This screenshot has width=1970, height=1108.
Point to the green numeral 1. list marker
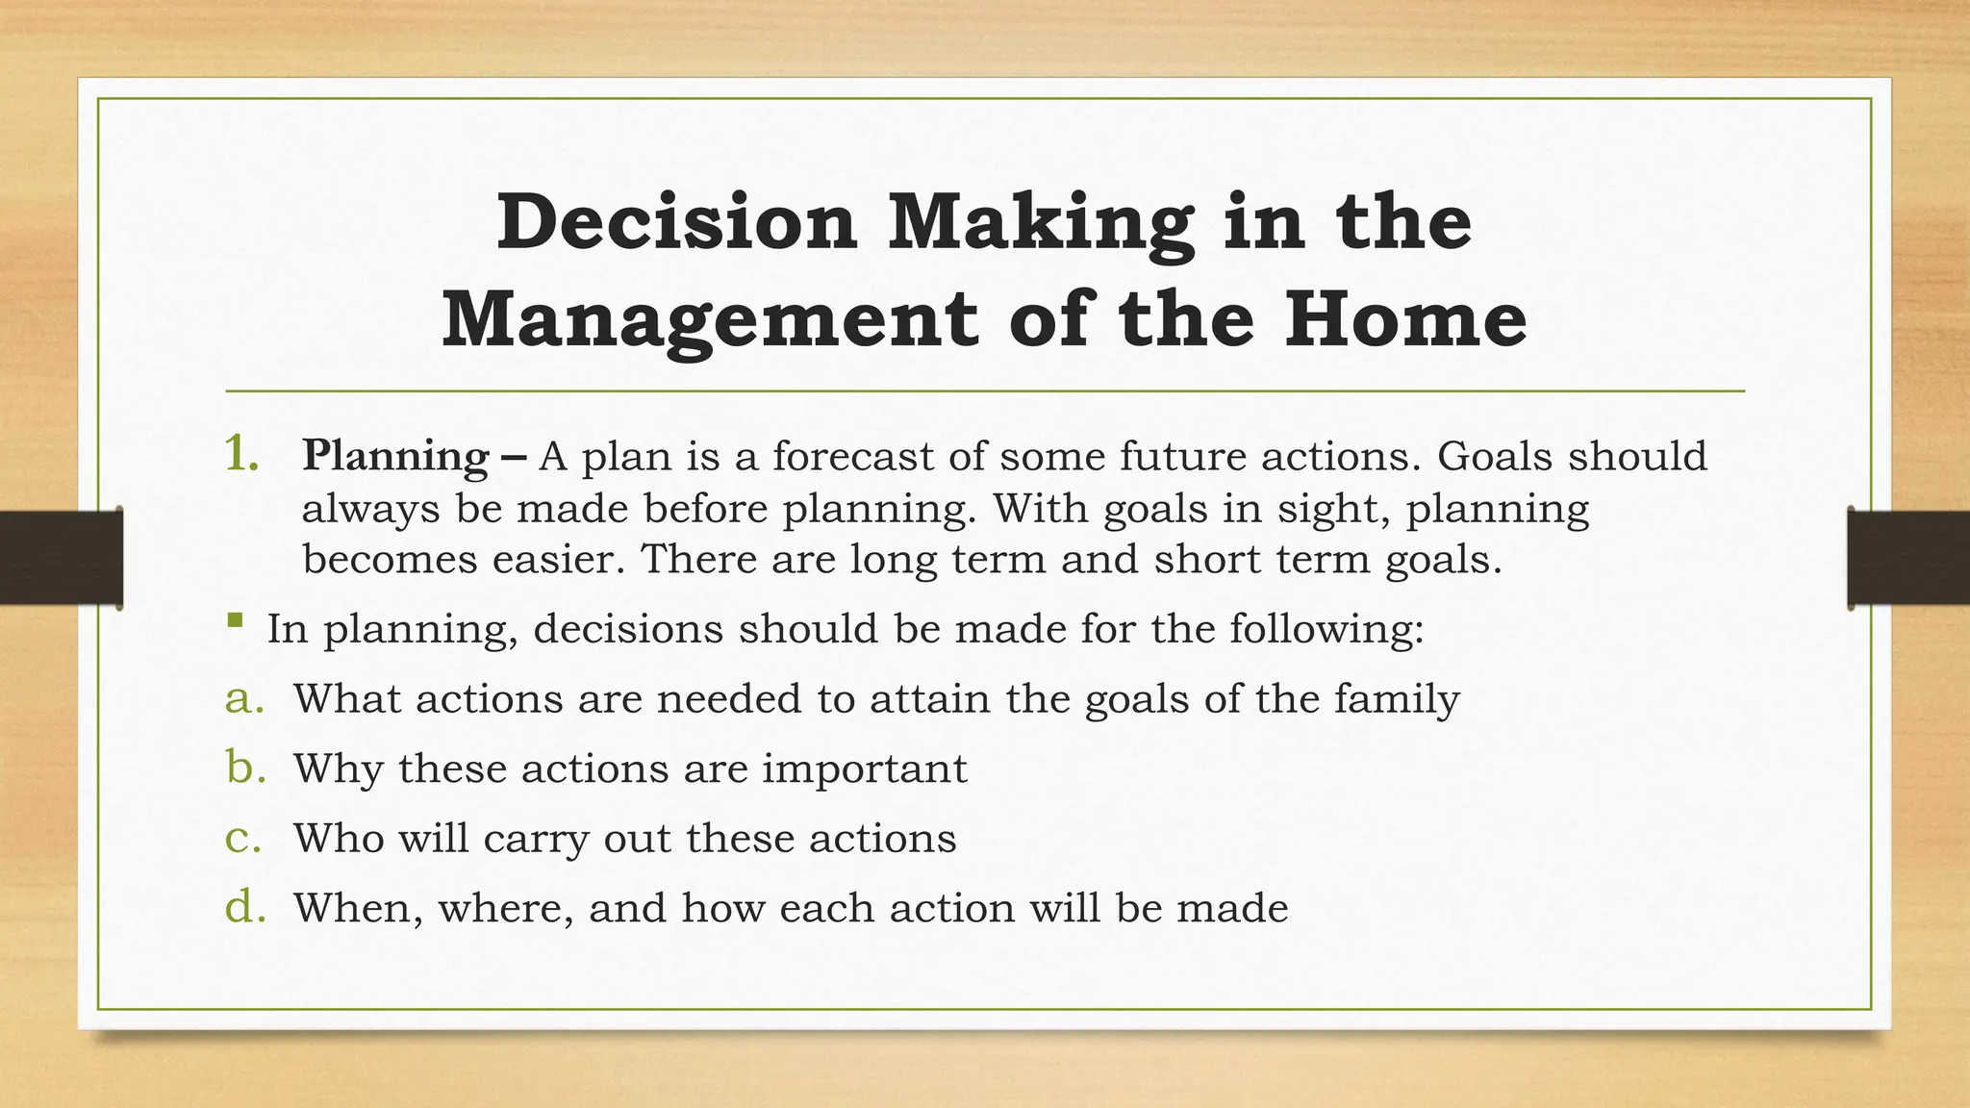click(x=242, y=453)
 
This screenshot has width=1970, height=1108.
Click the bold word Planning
click(x=395, y=456)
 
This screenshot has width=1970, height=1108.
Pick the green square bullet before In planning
click(x=236, y=619)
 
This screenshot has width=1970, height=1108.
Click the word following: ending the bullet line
click(x=1326, y=629)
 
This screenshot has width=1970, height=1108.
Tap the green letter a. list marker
click(x=244, y=699)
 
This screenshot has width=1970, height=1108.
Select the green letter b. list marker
click(x=244, y=768)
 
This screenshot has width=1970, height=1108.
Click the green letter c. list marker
click(x=243, y=839)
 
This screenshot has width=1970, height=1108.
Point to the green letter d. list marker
click(x=244, y=907)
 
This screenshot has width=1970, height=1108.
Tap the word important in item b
click(x=865, y=768)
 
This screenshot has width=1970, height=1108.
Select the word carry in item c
click(x=536, y=839)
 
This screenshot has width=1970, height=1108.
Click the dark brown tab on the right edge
click(x=1908, y=558)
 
